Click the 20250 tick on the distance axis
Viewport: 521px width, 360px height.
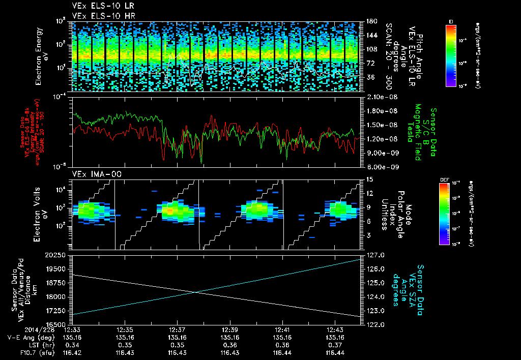(59, 255)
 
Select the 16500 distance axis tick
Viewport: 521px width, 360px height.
(59, 324)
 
